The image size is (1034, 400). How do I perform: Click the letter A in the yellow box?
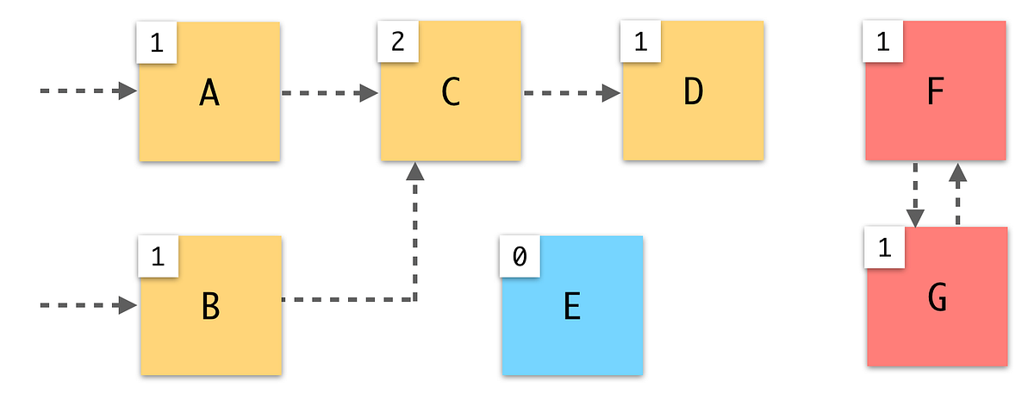pyautogui.click(x=209, y=93)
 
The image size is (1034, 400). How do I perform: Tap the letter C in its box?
pyautogui.click(x=450, y=93)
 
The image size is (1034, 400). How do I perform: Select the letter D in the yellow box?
pyautogui.click(x=693, y=93)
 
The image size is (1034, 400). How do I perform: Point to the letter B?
pyautogui.click(x=210, y=307)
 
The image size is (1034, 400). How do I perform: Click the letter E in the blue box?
pyautogui.click(x=572, y=307)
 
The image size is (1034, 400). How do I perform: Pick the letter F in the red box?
pyautogui.click(x=936, y=93)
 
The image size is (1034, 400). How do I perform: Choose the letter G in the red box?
pyautogui.click(x=937, y=298)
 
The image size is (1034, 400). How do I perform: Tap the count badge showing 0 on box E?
pyautogui.click(x=518, y=257)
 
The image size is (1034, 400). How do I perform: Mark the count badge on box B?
pyautogui.click(x=157, y=257)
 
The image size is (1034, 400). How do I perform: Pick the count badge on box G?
pyautogui.click(x=883, y=248)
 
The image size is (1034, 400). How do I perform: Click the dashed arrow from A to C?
pyautogui.click(x=330, y=92)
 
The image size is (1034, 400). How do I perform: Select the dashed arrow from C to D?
pyautogui.click(x=571, y=92)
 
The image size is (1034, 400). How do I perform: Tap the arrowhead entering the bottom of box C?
pyautogui.click(x=415, y=172)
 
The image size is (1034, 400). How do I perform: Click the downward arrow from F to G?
pyautogui.click(x=915, y=195)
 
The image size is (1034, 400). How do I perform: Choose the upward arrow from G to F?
pyautogui.click(x=956, y=193)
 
